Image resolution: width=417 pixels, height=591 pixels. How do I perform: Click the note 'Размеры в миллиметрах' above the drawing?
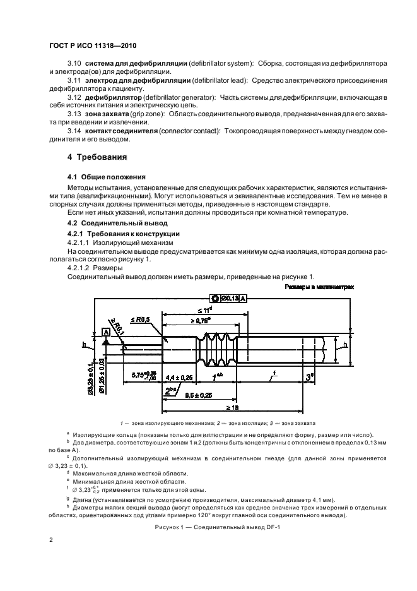click(x=319, y=286)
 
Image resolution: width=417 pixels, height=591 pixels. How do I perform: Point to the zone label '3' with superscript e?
click(x=309, y=377)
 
